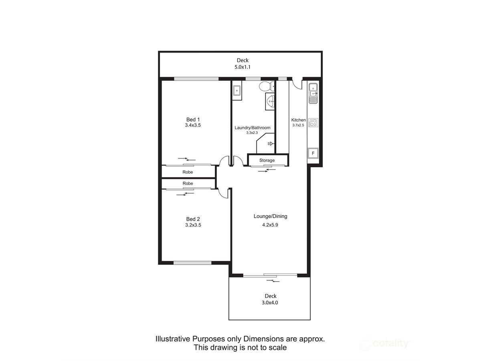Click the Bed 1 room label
[x=193, y=120]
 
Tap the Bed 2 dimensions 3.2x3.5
[x=193, y=225]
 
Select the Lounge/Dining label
[x=271, y=216]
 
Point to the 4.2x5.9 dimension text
[x=270, y=225]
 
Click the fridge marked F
[x=313, y=153]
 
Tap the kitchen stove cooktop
[x=313, y=122]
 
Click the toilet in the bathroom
[x=267, y=86]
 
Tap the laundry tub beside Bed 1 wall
[x=237, y=90]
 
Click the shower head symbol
[x=270, y=144]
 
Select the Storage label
[x=267, y=160]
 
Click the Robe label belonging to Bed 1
[x=188, y=172]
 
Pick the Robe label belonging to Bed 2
[x=188, y=183]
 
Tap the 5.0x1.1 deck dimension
[x=243, y=67]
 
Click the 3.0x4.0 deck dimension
[x=270, y=303]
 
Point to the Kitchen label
[x=299, y=120]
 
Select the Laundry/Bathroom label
[x=253, y=128]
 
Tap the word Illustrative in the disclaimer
[x=173, y=339]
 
